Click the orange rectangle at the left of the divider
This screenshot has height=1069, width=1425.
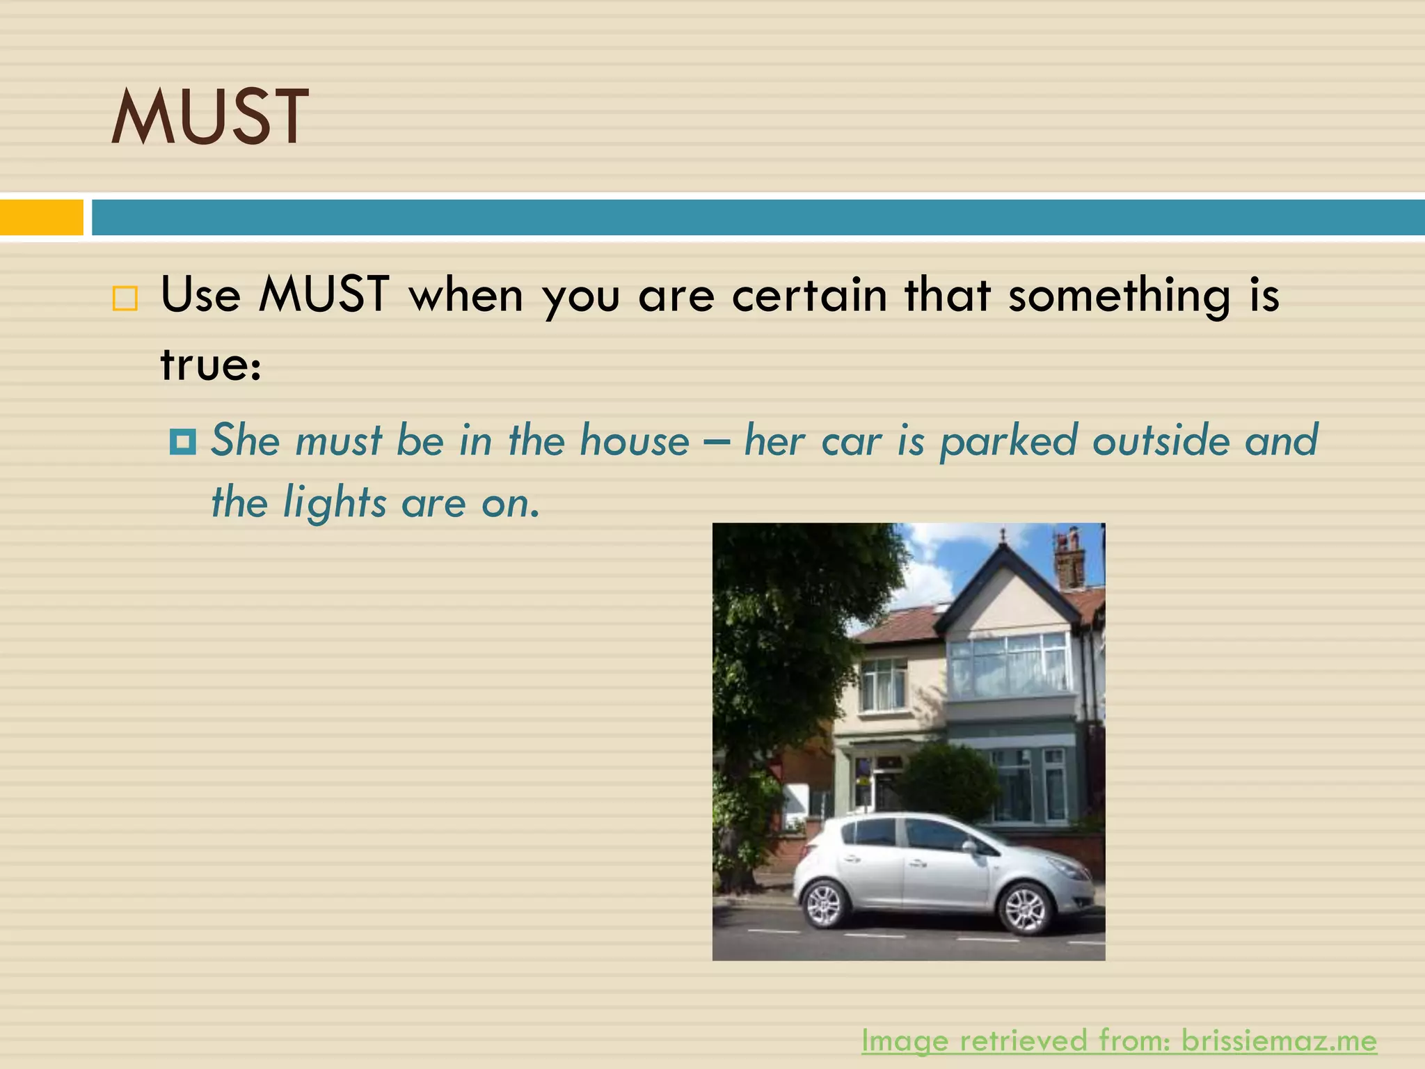click(x=41, y=217)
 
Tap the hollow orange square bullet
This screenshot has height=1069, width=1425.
click(x=125, y=299)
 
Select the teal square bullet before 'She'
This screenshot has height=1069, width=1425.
click(x=183, y=441)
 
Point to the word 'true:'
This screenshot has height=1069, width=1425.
click(x=211, y=365)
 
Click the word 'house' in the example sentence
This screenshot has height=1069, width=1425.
click(x=634, y=441)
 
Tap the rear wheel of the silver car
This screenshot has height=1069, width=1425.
click(x=826, y=903)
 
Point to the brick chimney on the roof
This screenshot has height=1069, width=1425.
click(x=1069, y=560)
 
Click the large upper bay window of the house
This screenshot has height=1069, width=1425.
click(x=1008, y=665)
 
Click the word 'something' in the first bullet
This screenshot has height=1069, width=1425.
click(x=1120, y=295)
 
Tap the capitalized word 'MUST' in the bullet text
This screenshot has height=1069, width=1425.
click(x=324, y=295)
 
